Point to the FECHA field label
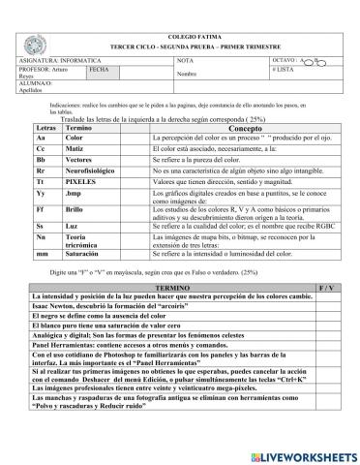pos(97,69)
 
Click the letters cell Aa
pos(42,139)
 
